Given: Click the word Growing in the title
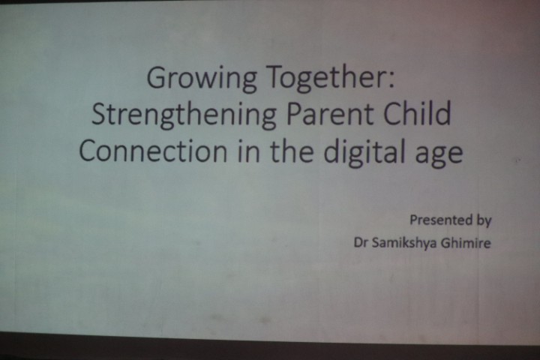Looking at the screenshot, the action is pos(202,79).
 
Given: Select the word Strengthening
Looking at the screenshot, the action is pos(184,115).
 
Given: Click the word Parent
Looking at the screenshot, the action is pos(330,115).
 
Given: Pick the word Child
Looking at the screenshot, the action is pos(417,113).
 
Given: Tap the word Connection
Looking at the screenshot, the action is pos(153,151).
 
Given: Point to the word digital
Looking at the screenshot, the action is pos(364,152).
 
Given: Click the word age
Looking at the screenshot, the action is pos(439,156).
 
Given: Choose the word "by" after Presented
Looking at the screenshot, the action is pos(484,220).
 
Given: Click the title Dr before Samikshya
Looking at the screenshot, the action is pos(361,243).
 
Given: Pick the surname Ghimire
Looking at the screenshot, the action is pos(466,243).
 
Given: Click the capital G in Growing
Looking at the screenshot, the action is pos(157,77).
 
